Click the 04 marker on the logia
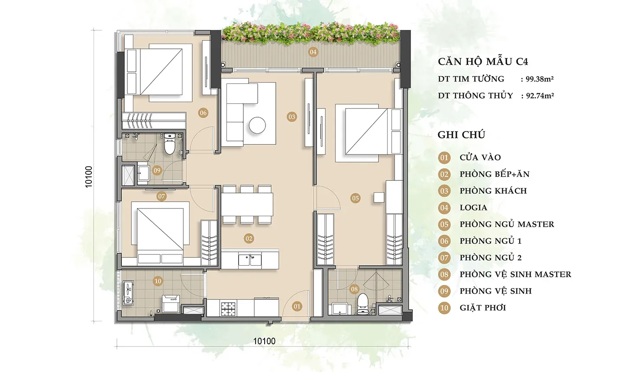(x=313, y=52)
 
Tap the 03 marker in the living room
(x=291, y=117)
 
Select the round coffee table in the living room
(x=257, y=125)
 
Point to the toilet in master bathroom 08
(x=363, y=303)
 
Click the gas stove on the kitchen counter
(x=229, y=308)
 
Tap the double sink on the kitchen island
(x=250, y=260)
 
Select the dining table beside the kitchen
(x=247, y=204)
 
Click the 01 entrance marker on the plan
(x=297, y=306)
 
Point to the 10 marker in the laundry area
(x=158, y=281)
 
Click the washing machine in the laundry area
(x=171, y=303)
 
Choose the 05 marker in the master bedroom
(x=355, y=198)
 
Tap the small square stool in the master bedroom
(x=379, y=197)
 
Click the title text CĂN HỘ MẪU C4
(x=483, y=61)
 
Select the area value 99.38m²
(x=540, y=79)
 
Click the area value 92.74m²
(x=540, y=96)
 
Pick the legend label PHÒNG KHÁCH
(x=493, y=191)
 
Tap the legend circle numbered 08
(x=444, y=274)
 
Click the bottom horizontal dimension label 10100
(x=264, y=341)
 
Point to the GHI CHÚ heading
(x=461, y=135)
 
